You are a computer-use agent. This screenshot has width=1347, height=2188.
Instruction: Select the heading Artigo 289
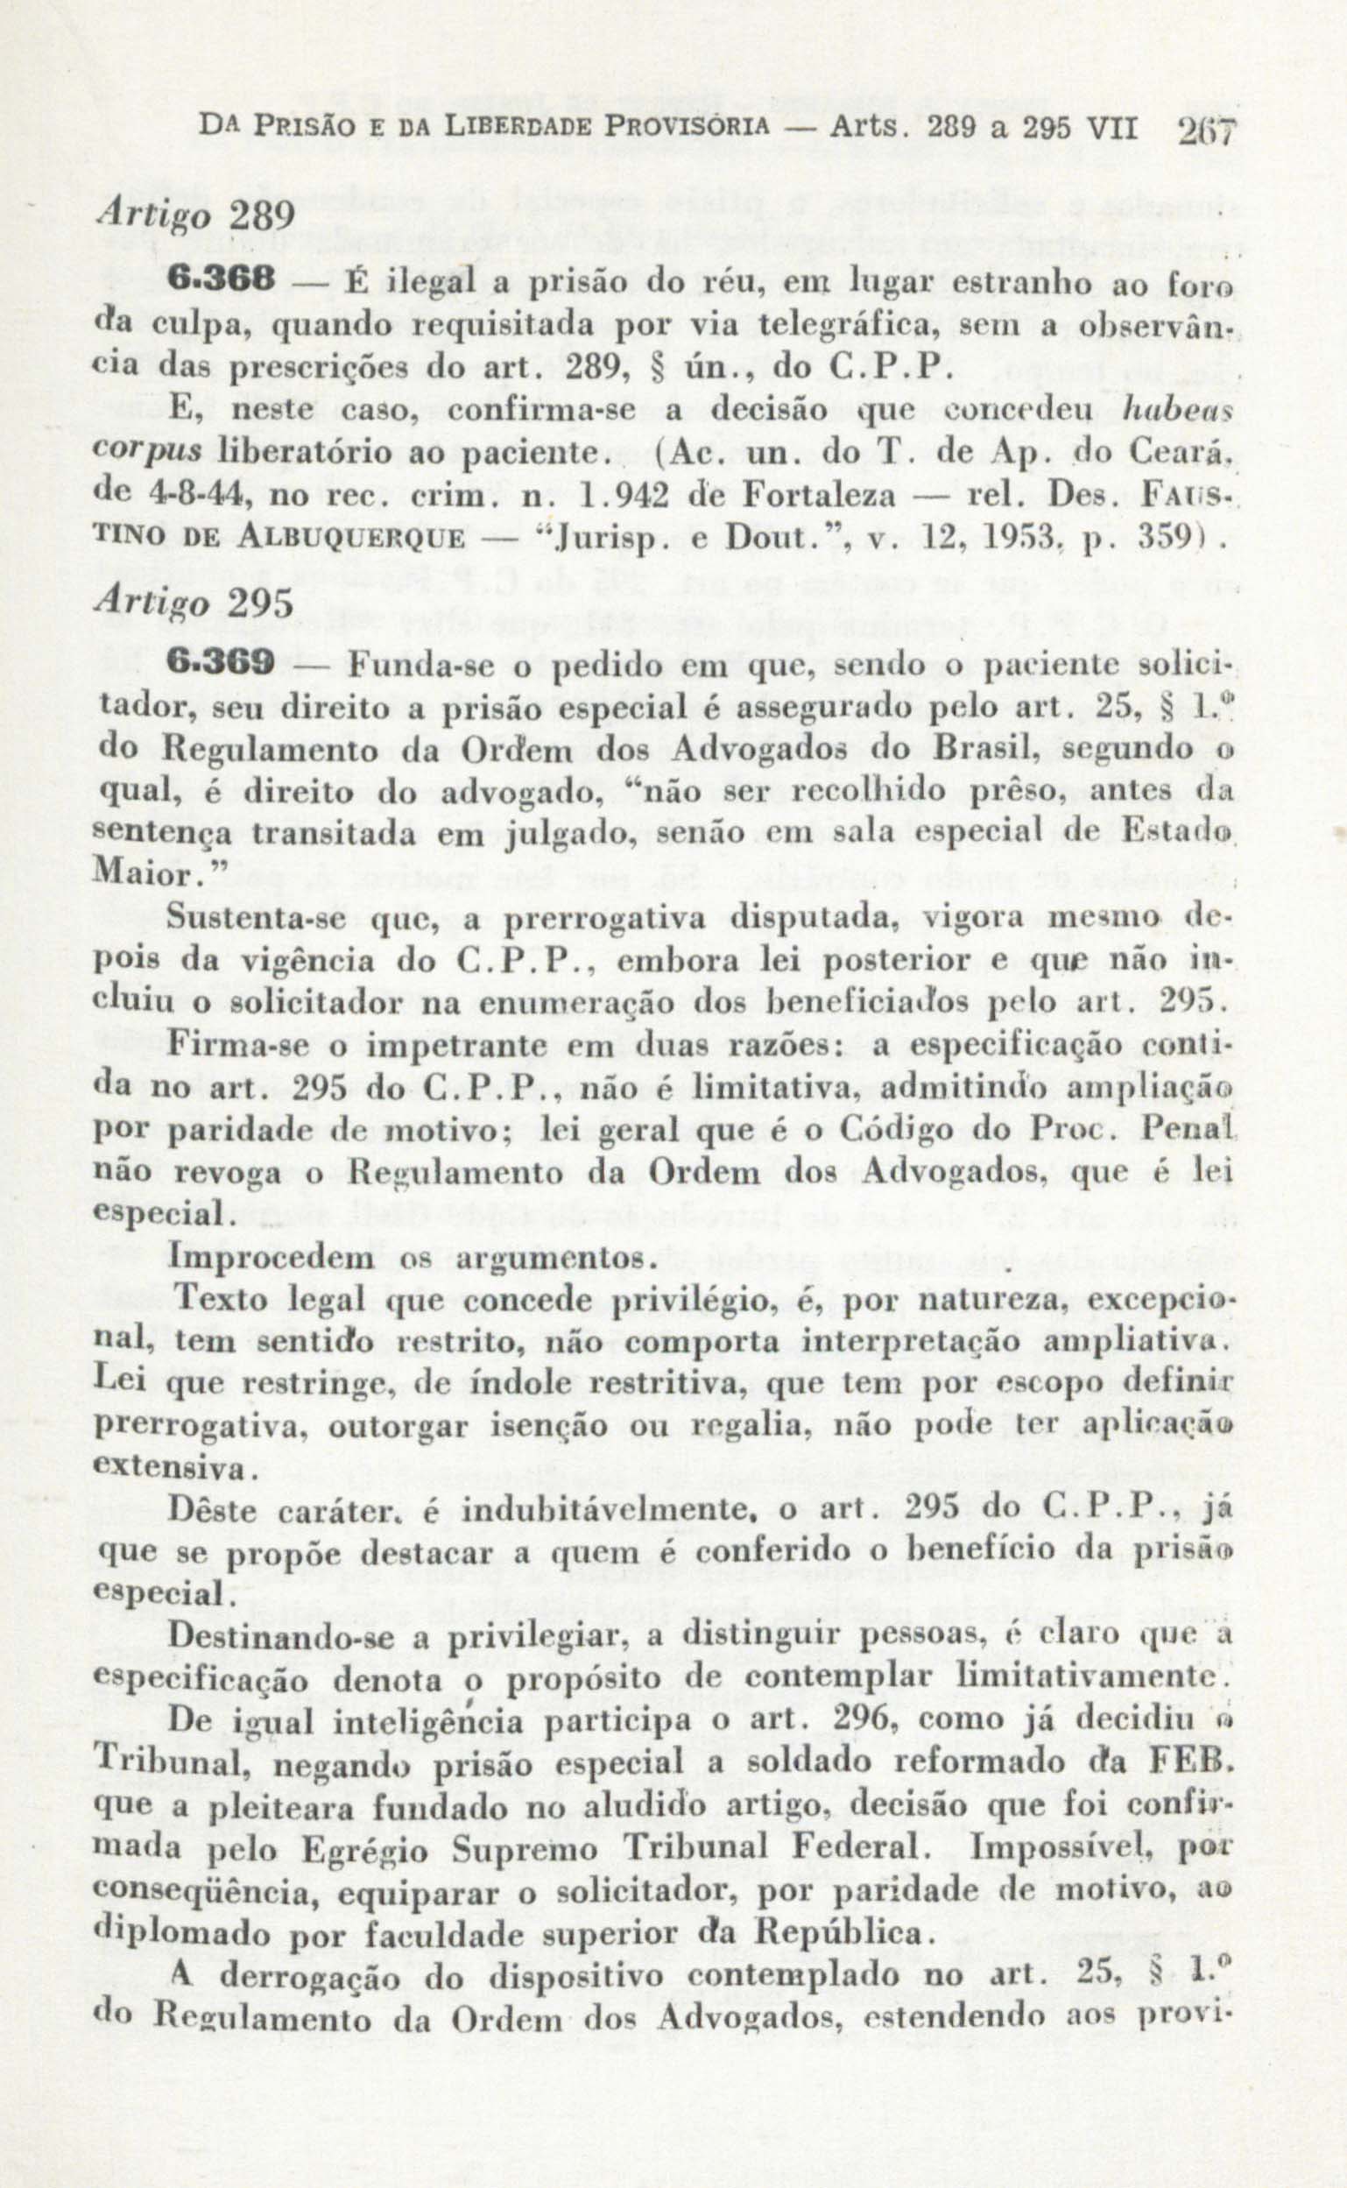[194, 216]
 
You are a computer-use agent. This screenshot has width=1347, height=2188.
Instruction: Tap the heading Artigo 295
[194, 603]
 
